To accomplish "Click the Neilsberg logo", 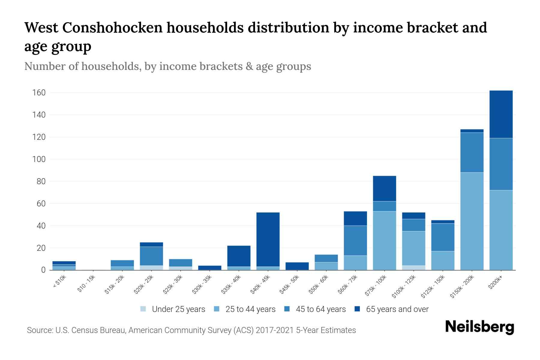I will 479,327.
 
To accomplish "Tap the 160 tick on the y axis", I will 39,93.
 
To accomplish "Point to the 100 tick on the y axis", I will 39,159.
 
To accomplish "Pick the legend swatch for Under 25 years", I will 143,309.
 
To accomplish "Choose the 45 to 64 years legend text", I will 320,309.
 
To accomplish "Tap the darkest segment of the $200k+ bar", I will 501,114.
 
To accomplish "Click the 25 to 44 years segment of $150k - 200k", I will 472,221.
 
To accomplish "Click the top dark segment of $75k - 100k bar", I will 384,188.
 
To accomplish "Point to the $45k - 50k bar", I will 297,266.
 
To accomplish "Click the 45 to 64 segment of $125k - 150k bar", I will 442,237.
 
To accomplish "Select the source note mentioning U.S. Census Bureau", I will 191,330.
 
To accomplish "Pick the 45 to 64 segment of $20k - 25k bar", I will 151,256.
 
